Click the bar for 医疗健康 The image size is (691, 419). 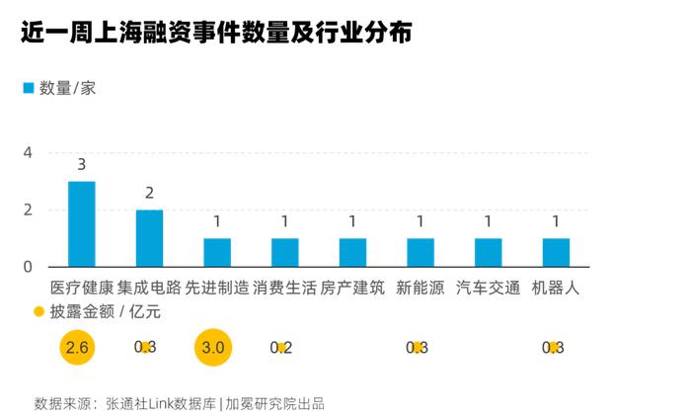(81, 224)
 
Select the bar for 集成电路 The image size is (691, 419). (149, 238)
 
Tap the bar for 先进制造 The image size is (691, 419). (217, 252)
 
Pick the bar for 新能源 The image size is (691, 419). (420, 252)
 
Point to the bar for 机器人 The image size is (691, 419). (556, 252)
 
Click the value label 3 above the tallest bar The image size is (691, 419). (81, 164)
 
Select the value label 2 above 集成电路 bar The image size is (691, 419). (149, 193)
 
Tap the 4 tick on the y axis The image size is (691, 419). (28, 153)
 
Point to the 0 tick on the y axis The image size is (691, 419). (28, 267)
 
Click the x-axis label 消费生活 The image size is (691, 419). (284, 289)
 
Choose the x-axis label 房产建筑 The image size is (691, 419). (352, 289)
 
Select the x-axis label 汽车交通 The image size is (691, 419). (488, 289)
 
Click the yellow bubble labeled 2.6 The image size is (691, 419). (77, 347)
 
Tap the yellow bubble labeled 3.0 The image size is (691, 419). (213, 347)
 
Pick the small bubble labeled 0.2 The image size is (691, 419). (281, 347)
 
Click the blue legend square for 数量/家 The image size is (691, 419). (29, 88)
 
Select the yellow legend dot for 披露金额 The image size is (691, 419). (38, 312)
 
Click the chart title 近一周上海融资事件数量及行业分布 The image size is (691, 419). (215, 33)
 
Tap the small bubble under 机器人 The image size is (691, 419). (555, 347)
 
